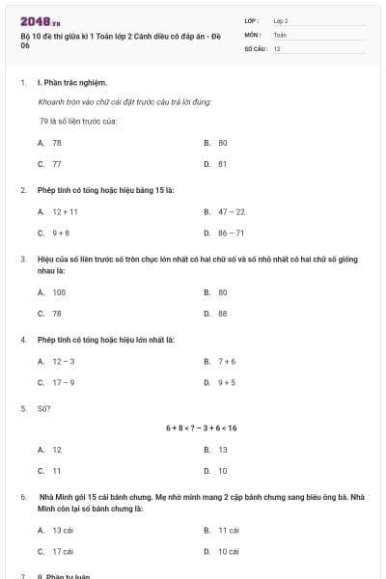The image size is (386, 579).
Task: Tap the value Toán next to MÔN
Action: (280, 34)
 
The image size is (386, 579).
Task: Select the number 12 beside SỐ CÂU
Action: (277, 48)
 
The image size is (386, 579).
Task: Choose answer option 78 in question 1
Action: (57, 143)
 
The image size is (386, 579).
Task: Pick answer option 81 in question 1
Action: (222, 164)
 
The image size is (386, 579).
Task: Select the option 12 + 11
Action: (66, 211)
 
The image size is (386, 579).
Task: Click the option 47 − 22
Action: (232, 211)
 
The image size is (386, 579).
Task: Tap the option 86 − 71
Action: (232, 233)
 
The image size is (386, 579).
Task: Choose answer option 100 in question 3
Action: (59, 291)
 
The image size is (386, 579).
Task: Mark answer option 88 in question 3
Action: (222, 314)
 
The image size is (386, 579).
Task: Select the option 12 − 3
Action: (63, 361)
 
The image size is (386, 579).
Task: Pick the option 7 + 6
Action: (227, 361)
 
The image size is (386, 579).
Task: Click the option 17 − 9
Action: (63, 382)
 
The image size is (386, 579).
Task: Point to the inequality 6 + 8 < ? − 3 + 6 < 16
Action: (201, 427)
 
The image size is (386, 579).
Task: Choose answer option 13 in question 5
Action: (222, 450)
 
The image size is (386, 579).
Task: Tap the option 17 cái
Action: (63, 552)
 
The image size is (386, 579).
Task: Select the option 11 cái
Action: (228, 530)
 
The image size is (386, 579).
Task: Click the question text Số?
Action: (43, 408)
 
